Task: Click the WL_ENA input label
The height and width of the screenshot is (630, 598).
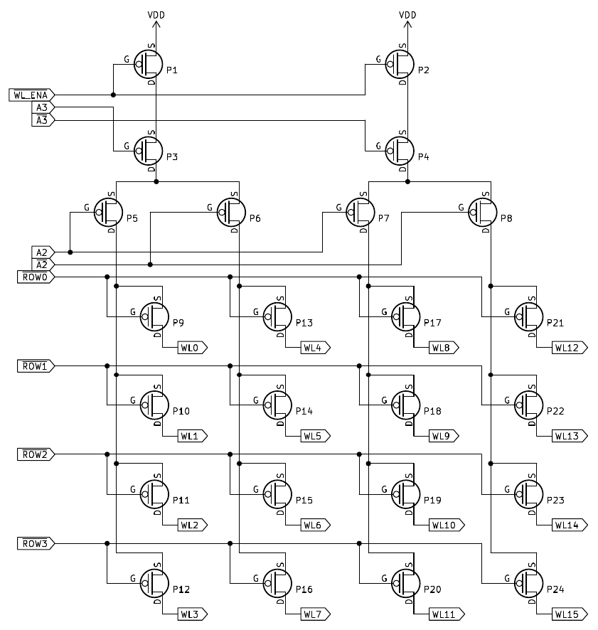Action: (x=31, y=95)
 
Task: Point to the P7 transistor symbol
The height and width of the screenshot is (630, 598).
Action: (x=361, y=211)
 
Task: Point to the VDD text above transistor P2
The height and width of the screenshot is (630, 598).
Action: (x=407, y=14)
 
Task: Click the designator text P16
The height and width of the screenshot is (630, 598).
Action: (x=304, y=589)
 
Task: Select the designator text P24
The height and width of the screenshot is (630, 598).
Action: (x=555, y=589)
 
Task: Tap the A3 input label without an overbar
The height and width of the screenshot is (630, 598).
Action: (x=42, y=107)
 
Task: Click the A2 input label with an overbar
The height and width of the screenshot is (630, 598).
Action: (x=42, y=265)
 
